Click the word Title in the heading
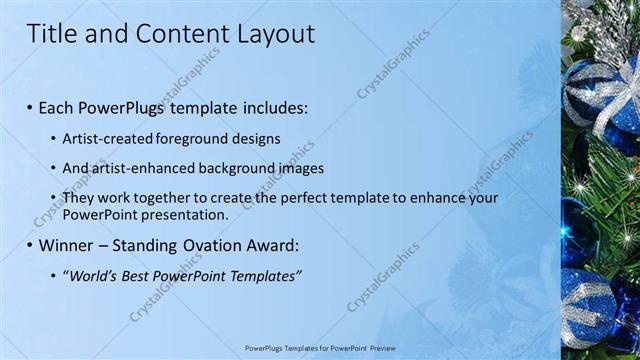point(53,34)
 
